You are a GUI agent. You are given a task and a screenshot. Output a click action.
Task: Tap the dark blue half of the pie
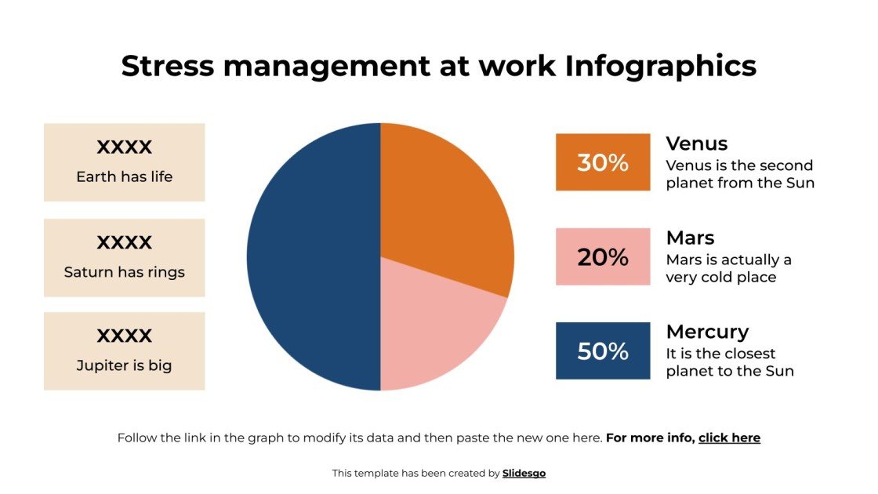click(314, 257)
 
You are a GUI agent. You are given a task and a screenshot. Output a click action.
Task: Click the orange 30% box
click(603, 162)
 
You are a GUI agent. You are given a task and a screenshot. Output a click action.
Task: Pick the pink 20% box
click(603, 256)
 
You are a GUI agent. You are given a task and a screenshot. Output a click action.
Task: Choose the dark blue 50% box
click(603, 351)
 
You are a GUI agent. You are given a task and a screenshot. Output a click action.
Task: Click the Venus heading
click(697, 143)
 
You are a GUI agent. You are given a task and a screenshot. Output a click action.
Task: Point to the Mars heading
click(690, 238)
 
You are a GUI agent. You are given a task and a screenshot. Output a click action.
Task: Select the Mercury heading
click(707, 332)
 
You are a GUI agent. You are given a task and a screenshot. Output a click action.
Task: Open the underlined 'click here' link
click(729, 438)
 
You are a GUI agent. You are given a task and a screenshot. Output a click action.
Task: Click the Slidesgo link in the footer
click(524, 473)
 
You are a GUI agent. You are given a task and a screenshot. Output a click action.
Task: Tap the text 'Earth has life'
click(124, 176)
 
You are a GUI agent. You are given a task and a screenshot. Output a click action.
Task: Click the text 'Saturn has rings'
click(124, 272)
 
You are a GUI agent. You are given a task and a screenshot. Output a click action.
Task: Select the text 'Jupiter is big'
click(124, 365)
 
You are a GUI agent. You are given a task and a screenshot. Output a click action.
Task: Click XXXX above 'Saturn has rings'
click(124, 242)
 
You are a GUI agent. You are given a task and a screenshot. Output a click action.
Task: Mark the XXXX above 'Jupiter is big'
click(124, 336)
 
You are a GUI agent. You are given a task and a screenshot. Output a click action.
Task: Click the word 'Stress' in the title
click(168, 66)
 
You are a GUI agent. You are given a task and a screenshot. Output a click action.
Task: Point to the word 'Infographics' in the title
click(661, 66)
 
